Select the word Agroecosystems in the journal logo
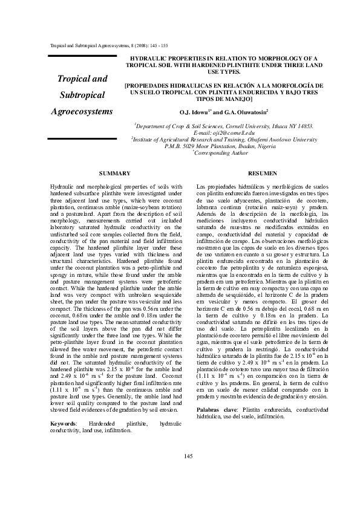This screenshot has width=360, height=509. tap(82, 112)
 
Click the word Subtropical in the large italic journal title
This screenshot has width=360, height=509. tap(82, 96)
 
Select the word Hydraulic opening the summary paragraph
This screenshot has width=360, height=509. tap(62, 189)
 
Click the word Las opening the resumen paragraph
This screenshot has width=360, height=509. tap(203, 189)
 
